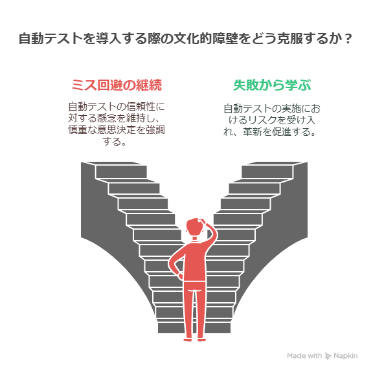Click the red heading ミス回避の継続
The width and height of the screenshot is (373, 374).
(x=117, y=85)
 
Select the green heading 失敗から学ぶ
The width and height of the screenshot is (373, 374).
(x=272, y=85)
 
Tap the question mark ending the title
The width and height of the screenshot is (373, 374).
(x=348, y=39)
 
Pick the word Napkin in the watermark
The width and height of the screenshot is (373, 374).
(x=345, y=356)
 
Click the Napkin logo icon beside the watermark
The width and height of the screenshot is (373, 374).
(x=328, y=356)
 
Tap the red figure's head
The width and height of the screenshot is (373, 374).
(x=194, y=226)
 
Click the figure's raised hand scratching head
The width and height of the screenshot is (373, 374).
(x=203, y=222)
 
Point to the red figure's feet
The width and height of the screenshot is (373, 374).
(x=194, y=340)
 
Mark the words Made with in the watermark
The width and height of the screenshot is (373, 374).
(x=304, y=356)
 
